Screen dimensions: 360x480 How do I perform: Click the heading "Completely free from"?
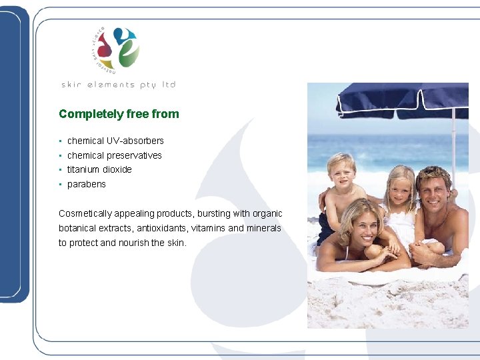pos(119,114)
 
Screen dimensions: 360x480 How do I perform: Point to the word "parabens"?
pos(87,184)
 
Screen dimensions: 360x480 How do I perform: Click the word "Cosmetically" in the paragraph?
pos(86,213)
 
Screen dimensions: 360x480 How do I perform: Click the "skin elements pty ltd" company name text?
pos(118,85)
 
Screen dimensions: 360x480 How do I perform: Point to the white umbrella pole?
pos(453,147)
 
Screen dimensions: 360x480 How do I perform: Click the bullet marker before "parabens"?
pos(61,184)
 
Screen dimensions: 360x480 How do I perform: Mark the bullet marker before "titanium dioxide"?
pos(61,169)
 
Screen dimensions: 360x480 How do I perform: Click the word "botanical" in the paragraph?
pos(77,228)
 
